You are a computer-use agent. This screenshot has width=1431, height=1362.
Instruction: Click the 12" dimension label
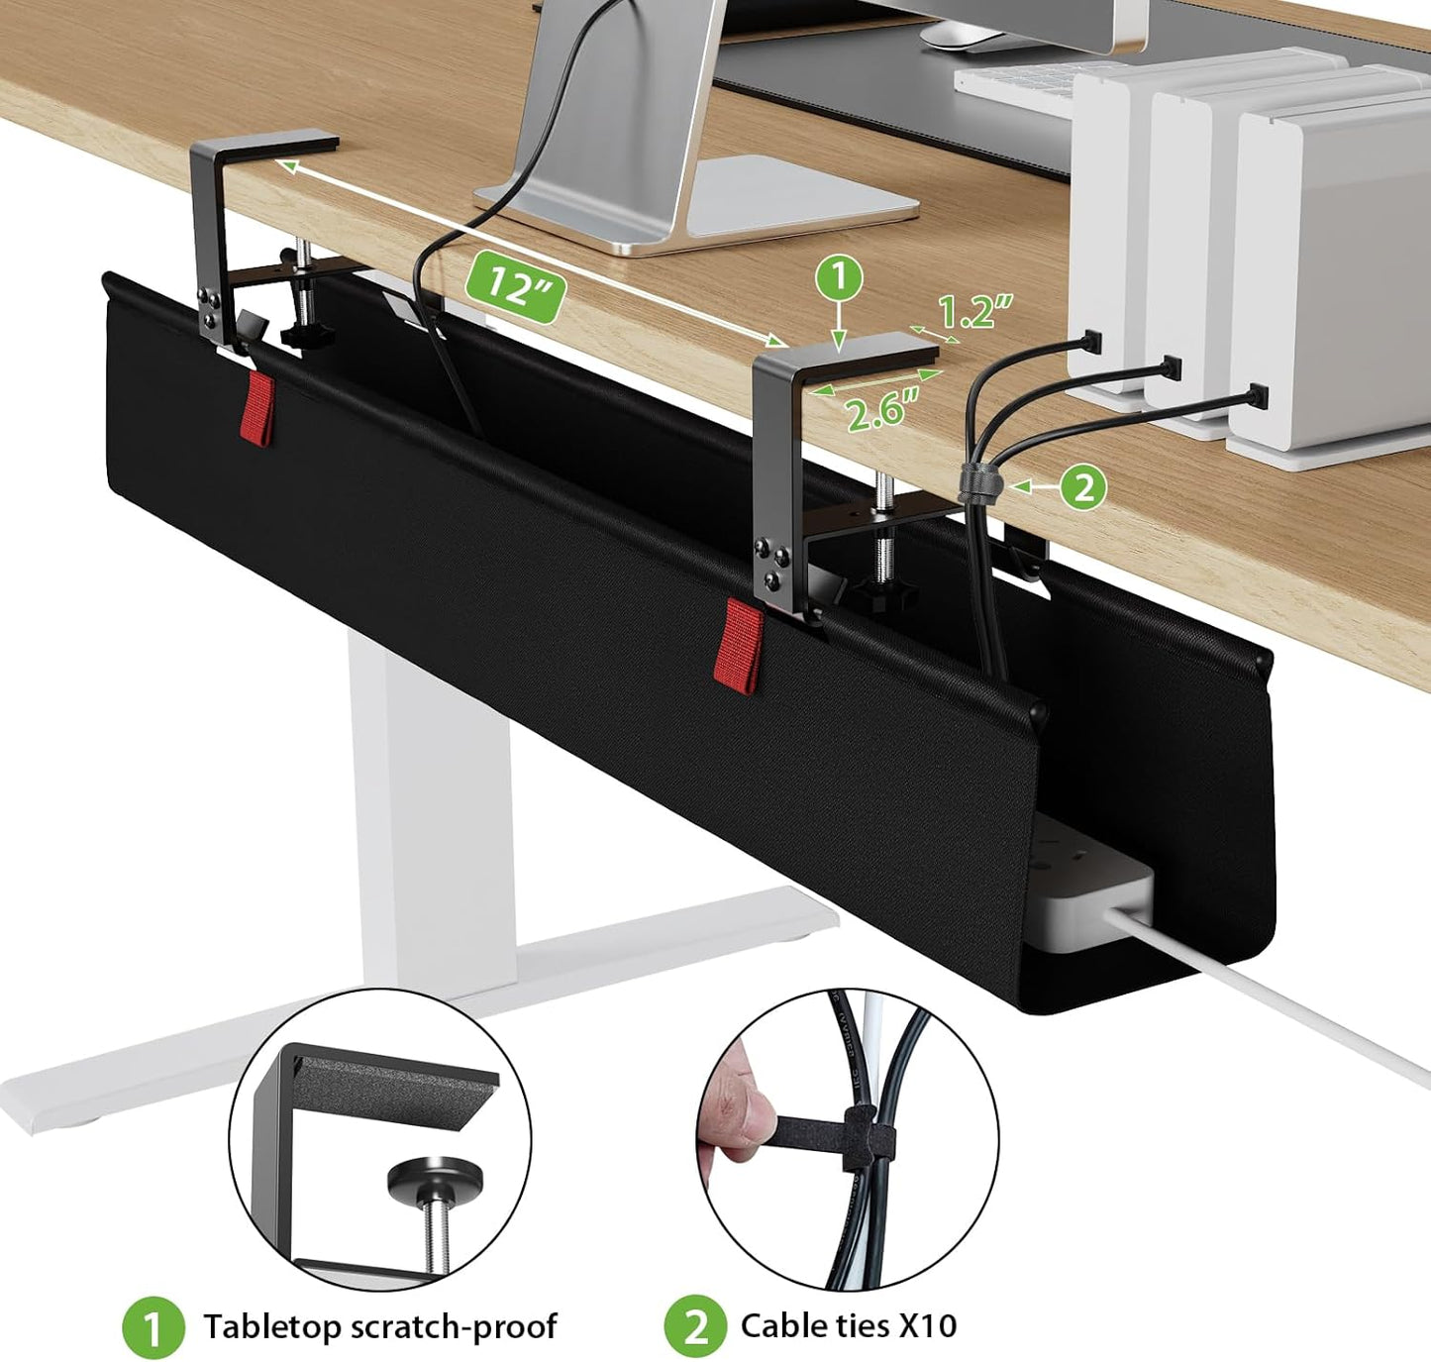click(515, 285)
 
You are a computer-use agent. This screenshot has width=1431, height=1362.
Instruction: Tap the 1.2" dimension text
click(974, 311)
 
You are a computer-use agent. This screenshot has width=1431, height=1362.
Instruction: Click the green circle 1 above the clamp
click(839, 278)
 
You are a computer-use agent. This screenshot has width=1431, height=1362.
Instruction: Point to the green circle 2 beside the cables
click(1083, 487)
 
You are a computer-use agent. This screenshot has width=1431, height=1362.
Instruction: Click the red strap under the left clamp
click(256, 408)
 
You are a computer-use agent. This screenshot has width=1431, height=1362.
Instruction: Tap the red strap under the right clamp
click(738, 644)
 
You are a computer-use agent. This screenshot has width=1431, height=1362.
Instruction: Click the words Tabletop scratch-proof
click(379, 1326)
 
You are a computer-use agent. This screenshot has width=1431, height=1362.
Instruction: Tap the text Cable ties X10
click(849, 1325)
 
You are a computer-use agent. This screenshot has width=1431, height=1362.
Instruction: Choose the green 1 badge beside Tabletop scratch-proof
click(153, 1327)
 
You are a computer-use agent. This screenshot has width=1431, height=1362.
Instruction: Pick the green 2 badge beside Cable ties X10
click(695, 1326)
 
